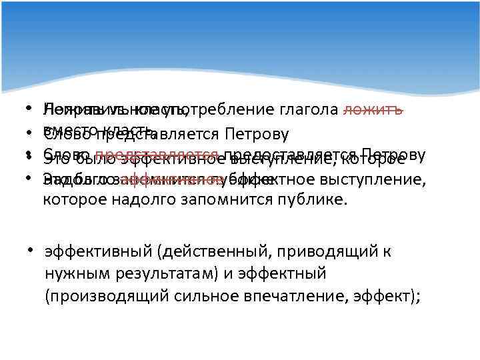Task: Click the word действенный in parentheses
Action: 207,252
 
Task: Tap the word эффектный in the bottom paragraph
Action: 283,273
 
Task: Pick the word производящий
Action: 107,295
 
